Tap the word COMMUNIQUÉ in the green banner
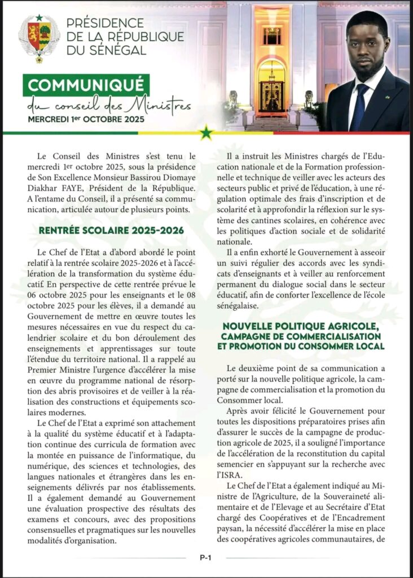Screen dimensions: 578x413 coord(86,86)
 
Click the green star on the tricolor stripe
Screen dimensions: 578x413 coord(206,133)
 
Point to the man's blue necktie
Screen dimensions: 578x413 coord(359,107)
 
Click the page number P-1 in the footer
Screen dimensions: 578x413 coord(205,557)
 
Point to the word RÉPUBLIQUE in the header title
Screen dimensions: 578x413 coord(143,37)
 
